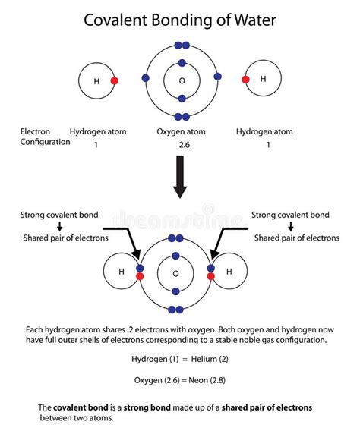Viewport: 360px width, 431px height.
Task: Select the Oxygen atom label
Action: tap(181, 131)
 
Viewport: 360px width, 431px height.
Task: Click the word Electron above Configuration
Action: tap(36, 131)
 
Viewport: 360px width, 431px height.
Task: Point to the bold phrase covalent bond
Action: tap(79, 407)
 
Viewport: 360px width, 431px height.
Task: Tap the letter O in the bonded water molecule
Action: tap(175, 273)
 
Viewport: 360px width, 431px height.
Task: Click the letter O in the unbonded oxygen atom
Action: tap(181, 80)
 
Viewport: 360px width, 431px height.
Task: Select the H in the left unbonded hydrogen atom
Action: tap(96, 80)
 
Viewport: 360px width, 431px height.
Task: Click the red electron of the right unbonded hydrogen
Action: tap(245, 79)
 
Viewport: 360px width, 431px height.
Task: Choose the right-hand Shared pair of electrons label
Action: tap(297, 238)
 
